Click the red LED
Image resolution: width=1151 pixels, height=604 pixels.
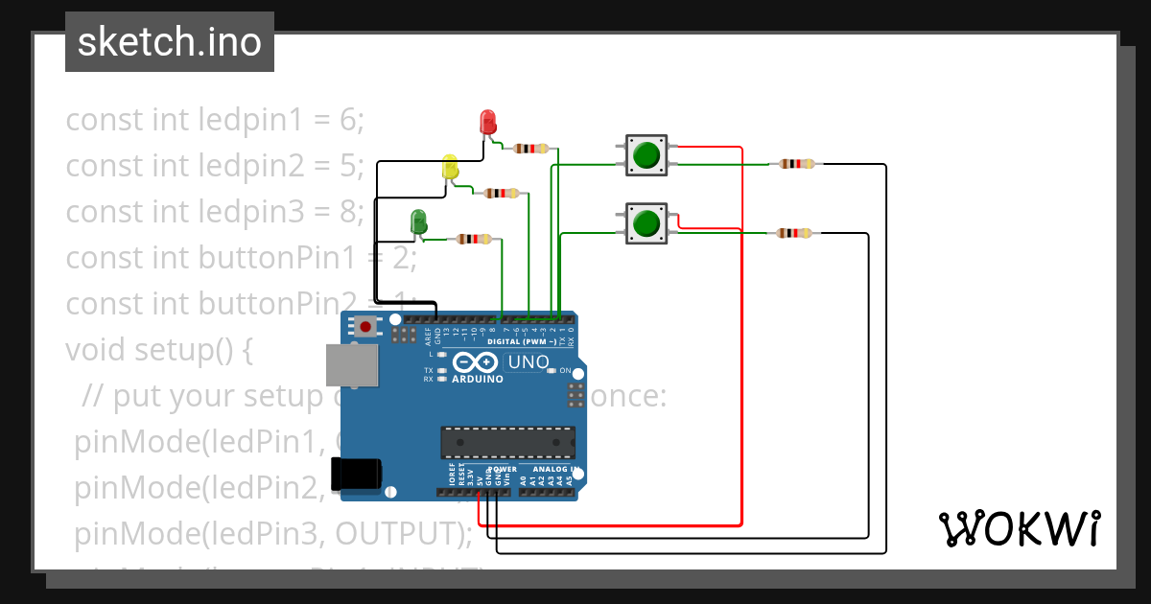(487, 122)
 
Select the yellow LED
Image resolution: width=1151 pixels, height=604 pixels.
(450, 168)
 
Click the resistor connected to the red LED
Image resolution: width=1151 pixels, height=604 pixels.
(531, 149)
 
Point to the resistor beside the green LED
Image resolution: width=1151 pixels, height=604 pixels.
(474, 239)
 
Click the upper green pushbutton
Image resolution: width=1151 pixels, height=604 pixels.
(646, 154)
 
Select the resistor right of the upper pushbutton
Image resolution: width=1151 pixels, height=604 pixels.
(796, 164)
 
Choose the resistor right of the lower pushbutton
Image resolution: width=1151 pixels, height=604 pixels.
(793, 233)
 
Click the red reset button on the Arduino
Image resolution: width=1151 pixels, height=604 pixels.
(365, 326)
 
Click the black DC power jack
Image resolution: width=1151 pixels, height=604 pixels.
(355, 474)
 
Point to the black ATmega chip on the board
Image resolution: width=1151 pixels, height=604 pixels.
(507, 442)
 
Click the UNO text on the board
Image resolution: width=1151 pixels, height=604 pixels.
(528, 362)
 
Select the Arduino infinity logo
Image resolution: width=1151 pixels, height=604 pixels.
(476, 362)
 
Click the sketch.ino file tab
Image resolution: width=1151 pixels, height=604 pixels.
(170, 42)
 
